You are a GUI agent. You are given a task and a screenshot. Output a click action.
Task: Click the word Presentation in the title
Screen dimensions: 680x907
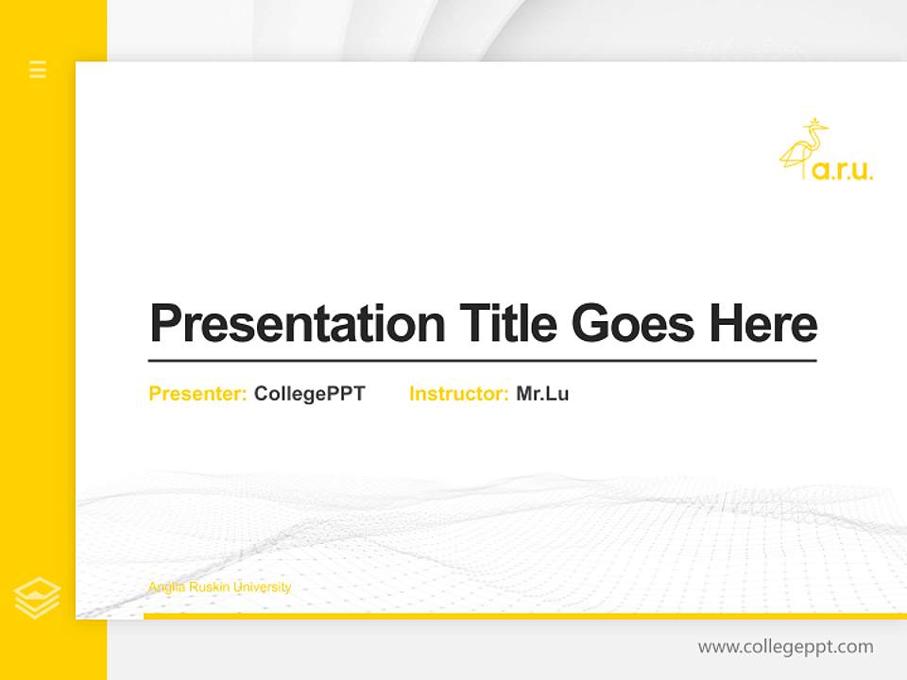[298, 324]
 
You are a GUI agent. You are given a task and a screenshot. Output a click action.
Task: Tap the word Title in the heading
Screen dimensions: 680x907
[507, 324]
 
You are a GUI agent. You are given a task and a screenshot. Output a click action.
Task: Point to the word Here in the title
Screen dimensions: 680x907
[763, 324]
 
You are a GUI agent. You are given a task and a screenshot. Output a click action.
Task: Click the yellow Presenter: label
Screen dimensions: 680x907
[197, 394]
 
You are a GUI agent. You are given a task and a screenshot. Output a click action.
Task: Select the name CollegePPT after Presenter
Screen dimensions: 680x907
[309, 394]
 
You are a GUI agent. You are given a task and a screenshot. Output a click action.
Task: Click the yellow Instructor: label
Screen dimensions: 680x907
[458, 394]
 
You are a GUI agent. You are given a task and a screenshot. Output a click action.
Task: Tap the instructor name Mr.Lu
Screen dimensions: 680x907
[542, 394]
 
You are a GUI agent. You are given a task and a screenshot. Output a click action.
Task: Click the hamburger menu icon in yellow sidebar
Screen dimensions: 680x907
[38, 69]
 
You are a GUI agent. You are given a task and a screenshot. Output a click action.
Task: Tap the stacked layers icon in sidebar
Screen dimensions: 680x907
[38, 598]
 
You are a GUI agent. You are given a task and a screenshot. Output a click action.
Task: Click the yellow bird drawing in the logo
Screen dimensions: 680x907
[803, 149]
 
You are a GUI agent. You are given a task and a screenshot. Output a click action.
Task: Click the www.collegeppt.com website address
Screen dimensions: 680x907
[785, 647]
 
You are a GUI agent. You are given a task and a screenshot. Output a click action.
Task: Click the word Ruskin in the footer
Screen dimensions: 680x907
[208, 587]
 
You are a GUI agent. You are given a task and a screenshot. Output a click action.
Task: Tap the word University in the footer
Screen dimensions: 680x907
[262, 587]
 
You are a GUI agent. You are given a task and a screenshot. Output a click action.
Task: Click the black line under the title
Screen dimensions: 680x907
[482, 360]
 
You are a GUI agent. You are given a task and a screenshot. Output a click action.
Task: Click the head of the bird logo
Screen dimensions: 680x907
[813, 126]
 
